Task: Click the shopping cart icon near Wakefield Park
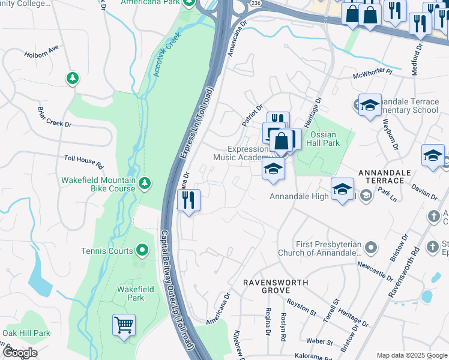click(124, 326)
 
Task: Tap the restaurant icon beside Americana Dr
click(189, 200)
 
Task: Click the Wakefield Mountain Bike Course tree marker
click(144, 183)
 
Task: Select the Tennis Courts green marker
click(142, 250)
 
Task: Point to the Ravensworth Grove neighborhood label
click(276, 286)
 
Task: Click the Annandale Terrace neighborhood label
click(384, 176)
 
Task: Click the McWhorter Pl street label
click(372, 73)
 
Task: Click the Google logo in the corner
click(19, 352)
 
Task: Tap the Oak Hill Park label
click(25, 333)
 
